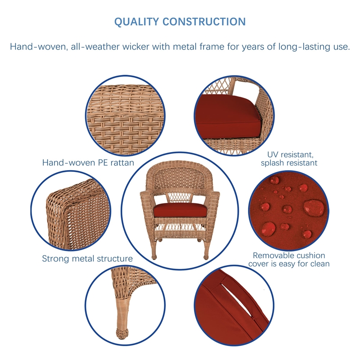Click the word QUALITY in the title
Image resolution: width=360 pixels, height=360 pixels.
(136, 22)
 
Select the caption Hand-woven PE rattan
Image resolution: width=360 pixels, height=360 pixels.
(88, 162)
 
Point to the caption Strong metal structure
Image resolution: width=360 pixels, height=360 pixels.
(87, 259)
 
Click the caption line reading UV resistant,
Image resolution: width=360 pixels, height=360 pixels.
(289, 155)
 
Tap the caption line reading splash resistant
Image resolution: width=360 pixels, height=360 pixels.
(289, 163)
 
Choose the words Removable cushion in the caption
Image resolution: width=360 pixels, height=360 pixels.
(289, 256)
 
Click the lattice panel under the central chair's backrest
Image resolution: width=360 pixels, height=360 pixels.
(180, 197)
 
